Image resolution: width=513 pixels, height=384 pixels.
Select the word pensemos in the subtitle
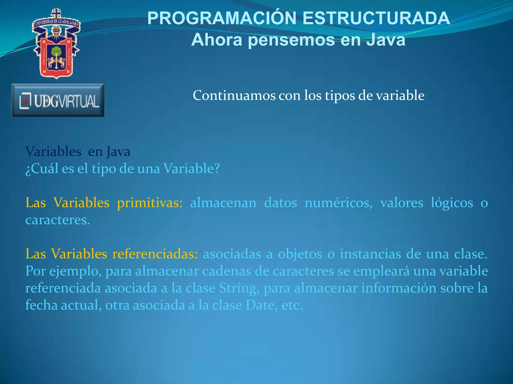click(291, 40)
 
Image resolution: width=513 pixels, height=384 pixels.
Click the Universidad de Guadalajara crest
click(56, 44)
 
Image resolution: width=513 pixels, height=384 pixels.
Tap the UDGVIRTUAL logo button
click(58, 100)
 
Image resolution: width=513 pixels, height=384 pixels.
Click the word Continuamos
click(234, 95)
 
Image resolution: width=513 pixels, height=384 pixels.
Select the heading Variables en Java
click(78, 151)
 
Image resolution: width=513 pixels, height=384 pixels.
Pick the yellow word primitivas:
click(150, 202)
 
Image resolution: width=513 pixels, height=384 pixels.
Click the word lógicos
click(452, 202)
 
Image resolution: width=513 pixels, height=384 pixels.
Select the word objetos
click(300, 254)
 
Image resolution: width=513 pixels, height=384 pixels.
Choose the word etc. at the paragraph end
click(292, 305)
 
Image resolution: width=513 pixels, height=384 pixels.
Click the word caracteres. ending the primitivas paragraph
click(58, 220)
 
